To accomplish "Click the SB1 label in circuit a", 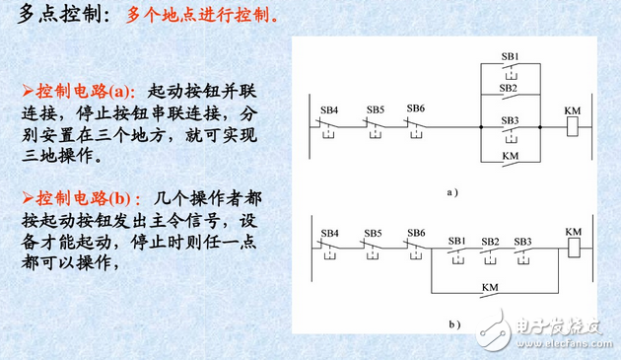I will point(510,56).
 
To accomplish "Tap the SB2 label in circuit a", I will point(510,89).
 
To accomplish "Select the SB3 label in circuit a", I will point(510,120).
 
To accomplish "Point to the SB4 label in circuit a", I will point(331,108).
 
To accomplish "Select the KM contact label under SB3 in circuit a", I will point(510,156).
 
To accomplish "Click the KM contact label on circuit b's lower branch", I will point(490,287).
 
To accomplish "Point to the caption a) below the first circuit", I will point(452,191).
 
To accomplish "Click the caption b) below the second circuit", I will point(454,324).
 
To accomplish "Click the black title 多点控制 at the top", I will point(59,17).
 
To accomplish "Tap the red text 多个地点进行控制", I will point(202,17).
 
